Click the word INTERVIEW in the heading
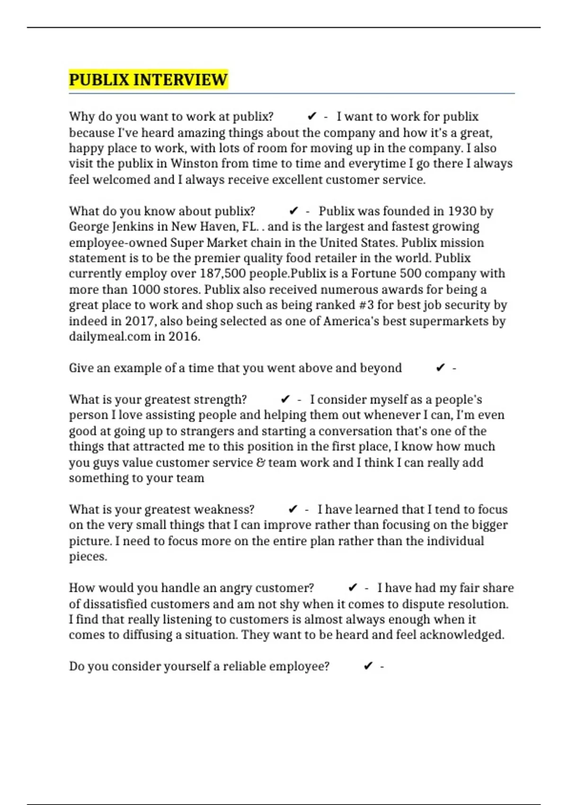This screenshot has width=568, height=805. tap(180, 80)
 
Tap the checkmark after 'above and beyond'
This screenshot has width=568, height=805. tap(440, 368)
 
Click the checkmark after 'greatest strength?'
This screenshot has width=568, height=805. tap(285, 400)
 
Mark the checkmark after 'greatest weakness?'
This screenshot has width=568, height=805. tap(293, 510)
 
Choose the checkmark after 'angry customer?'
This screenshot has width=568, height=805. tap(352, 588)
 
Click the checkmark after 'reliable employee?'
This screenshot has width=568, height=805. tap(368, 667)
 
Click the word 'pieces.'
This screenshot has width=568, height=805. tap(88, 557)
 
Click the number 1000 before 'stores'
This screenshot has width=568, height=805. tap(146, 290)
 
